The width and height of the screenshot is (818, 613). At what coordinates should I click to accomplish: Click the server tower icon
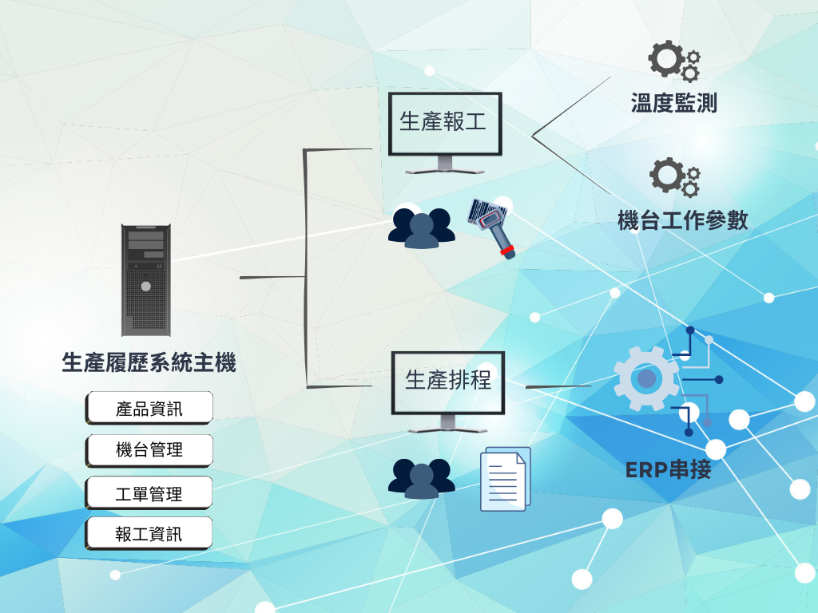pyautogui.click(x=146, y=279)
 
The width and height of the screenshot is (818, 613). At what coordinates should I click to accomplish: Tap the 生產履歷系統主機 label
pyautogui.click(x=149, y=363)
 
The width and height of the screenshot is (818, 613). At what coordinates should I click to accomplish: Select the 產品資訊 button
pyautogui.click(x=149, y=408)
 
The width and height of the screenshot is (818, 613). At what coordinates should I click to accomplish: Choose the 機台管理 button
pyautogui.click(x=149, y=450)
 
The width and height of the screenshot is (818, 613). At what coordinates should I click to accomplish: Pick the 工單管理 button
pyautogui.click(x=149, y=493)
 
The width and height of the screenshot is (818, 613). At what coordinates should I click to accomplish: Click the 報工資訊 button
pyautogui.click(x=149, y=533)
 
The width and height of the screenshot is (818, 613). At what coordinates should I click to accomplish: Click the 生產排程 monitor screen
pyautogui.click(x=447, y=381)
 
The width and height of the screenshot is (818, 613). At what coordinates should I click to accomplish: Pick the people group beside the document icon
pyautogui.click(x=422, y=478)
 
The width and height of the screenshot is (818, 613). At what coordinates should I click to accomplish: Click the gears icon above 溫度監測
pyautogui.click(x=673, y=61)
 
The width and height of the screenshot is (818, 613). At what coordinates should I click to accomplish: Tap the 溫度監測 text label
pyautogui.click(x=673, y=104)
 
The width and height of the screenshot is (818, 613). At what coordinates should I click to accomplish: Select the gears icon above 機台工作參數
pyautogui.click(x=674, y=176)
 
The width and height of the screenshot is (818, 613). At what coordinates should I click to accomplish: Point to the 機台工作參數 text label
pyautogui.click(x=683, y=220)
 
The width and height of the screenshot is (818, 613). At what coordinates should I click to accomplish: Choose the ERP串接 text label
pyautogui.click(x=668, y=469)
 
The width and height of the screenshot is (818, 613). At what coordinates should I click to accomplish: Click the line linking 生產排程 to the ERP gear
pyautogui.click(x=558, y=386)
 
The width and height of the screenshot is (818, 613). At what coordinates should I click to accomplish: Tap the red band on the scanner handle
pyautogui.click(x=506, y=252)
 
